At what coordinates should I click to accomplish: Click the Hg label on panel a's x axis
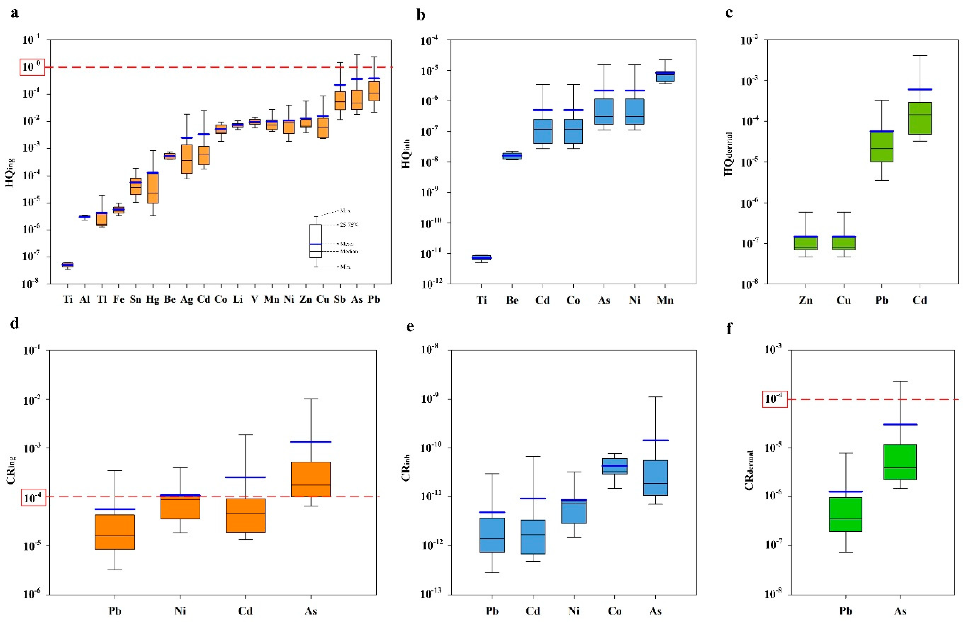[x=153, y=299]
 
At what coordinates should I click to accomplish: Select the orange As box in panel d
[x=311, y=479]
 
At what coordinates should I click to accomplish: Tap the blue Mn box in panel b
[x=665, y=77]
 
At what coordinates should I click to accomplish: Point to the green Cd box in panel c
[x=920, y=118]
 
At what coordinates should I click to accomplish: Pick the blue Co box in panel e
[x=615, y=466]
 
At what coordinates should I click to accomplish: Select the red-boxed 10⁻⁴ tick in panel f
[x=774, y=400]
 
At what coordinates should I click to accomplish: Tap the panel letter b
[x=420, y=15]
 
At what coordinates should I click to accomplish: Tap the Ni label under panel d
[x=180, y=610]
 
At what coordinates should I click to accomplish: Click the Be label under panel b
[x=512, y=300]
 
